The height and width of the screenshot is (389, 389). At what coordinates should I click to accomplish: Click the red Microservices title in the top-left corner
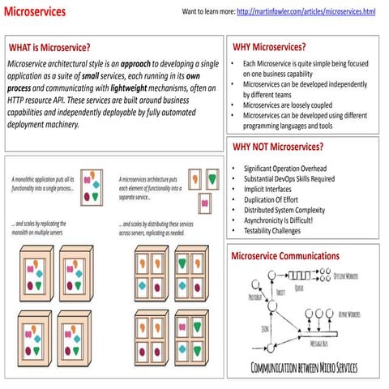pyautogui.click(x=34, y=12)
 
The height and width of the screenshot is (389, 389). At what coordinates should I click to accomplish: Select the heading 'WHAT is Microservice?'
pyautogui.click(x=49, y=47)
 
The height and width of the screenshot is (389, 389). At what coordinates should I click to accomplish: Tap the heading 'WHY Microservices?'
pyautogui.click(x=269, y=46)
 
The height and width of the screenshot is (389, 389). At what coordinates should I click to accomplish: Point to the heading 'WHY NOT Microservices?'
pyautogui.click(x=277, y=147)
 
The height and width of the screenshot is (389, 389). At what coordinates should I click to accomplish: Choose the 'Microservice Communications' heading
pyautogui.click(x=285, y=256)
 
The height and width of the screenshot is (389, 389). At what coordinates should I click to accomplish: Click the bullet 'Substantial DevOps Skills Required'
pyautogui.click(x=289, y=179)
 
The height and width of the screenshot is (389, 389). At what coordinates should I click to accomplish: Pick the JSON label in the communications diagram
pyautogui.click(x=265, y=329)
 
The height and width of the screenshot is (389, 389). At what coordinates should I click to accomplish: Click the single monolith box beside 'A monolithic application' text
pyautogui.click(x=94, y=186)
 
